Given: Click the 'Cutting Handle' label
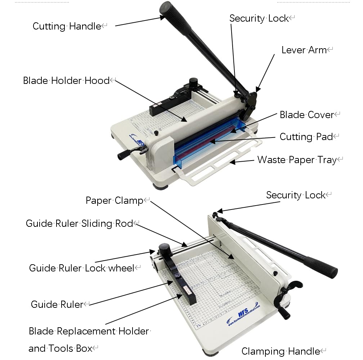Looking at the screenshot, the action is tap(67, 26).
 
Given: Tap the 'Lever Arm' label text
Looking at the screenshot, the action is tap(304, 50).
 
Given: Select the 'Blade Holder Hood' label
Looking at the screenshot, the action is tap(66, 81).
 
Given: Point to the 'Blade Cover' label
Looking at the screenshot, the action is tap(307, 115).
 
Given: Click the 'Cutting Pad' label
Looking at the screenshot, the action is tap(306, 137).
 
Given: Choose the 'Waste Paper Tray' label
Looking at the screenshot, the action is tap(297, 160).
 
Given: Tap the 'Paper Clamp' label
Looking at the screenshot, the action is tap(115, 201).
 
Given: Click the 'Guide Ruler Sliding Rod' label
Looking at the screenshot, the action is tap(79, 224).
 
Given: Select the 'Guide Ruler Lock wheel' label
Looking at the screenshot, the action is tap(81, 268).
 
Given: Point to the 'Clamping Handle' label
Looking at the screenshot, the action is tap(281, 351).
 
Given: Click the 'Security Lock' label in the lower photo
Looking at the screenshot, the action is tap(296, 195).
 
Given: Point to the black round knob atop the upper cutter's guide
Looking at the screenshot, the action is tap(193, 82).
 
